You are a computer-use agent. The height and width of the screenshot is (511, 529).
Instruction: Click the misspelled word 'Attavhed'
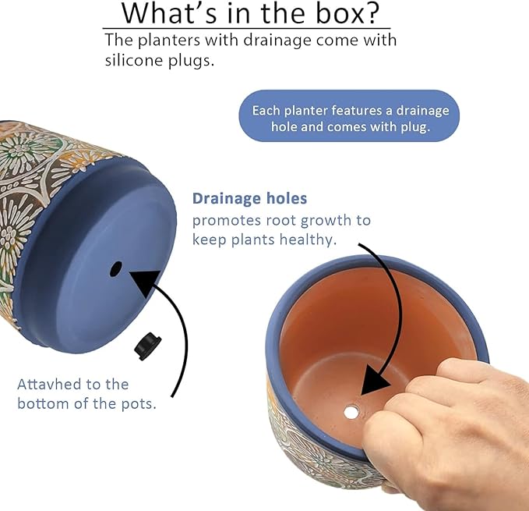click(x=51, y=385)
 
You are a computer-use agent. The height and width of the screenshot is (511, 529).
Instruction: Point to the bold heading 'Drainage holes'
click(x=249, y=199)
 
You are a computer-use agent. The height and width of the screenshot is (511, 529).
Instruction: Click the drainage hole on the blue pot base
click(x=116, y=269)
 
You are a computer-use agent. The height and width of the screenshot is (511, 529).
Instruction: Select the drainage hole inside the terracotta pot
click(x=353, y=408)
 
